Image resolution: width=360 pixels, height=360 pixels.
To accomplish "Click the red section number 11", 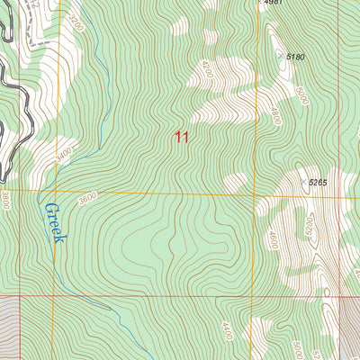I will tap(183, 137).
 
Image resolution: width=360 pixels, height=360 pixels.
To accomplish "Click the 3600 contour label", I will tap(86, 199).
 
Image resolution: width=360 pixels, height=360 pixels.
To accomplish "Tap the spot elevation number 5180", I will tap(295, 58).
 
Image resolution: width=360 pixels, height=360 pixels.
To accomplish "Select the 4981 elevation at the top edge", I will tap(274, 4).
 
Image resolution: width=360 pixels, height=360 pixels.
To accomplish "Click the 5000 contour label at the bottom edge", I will tap(297, 349).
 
